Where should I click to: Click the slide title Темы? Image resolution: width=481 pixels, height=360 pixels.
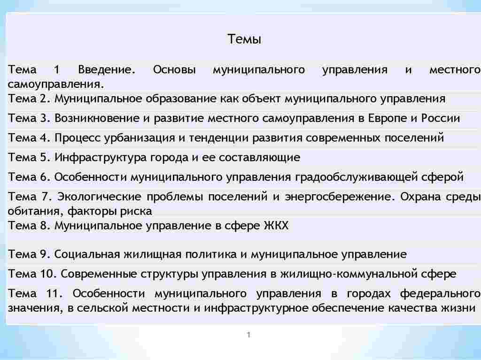(x=244, y=39)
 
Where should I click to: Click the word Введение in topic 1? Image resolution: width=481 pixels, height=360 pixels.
(x=106, y=70)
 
